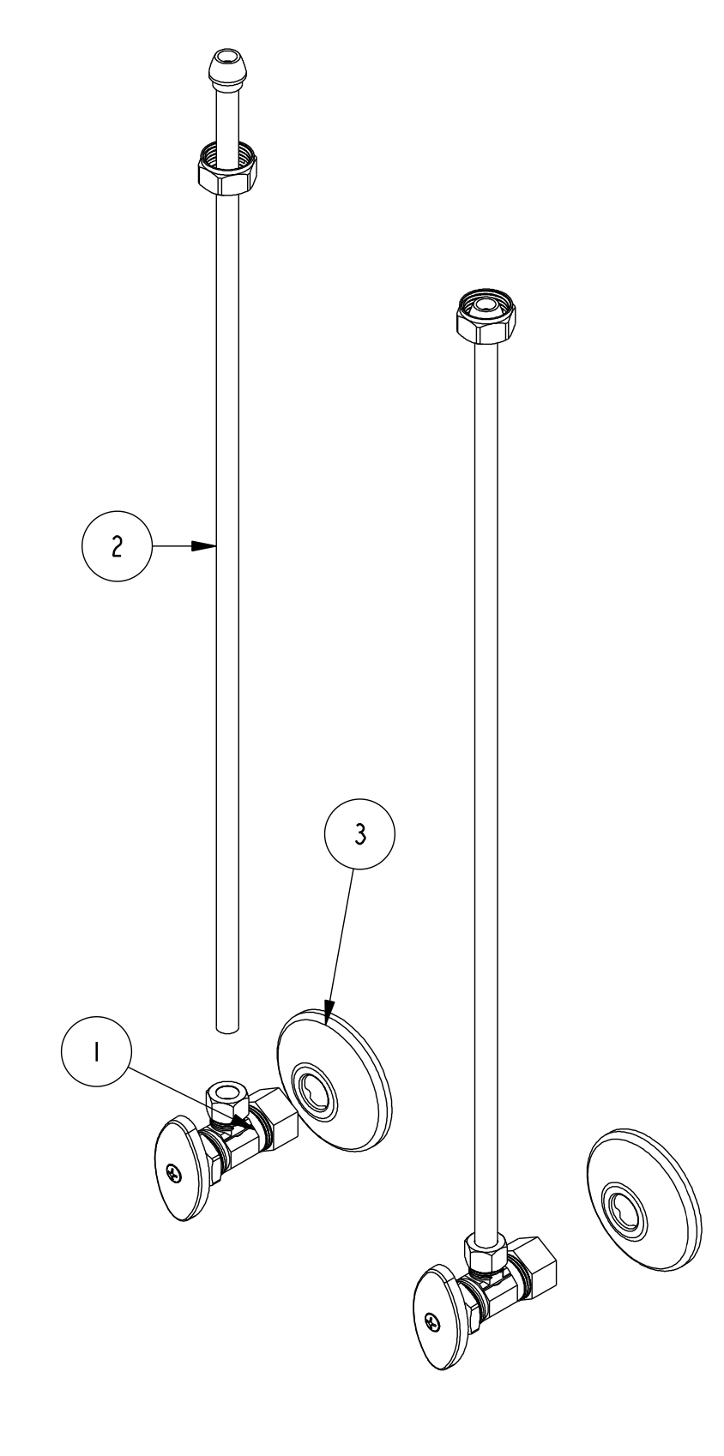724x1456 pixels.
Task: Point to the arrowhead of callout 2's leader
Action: click(x=209, y=545)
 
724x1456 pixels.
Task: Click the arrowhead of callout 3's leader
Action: click(x=329, y=1017)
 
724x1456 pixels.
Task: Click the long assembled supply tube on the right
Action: click(x=486, y=772)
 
